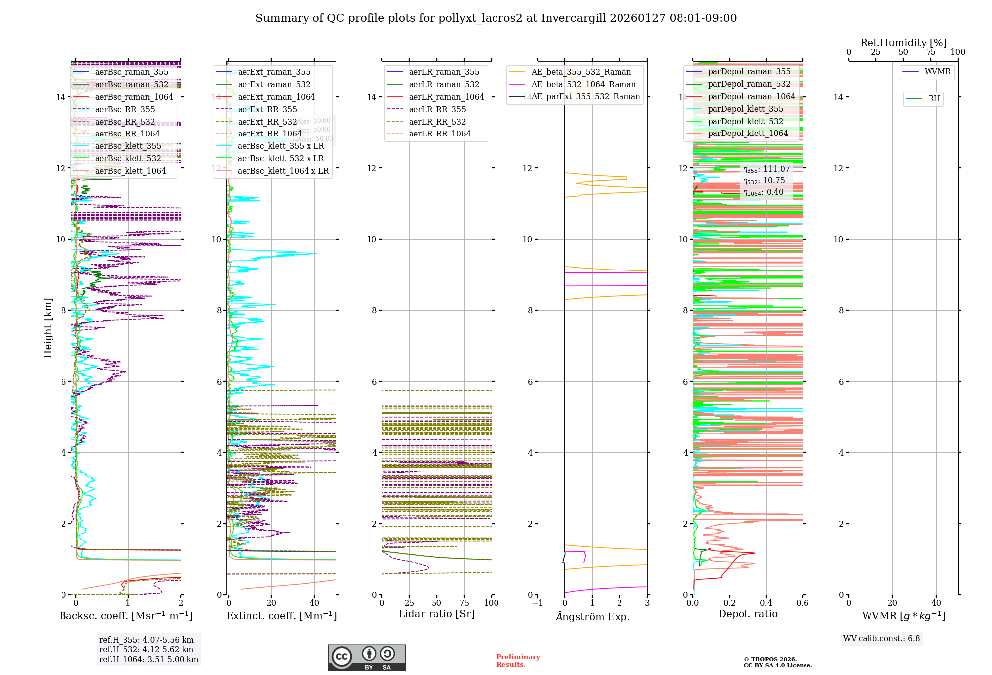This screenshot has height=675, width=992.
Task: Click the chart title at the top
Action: pos(496,18)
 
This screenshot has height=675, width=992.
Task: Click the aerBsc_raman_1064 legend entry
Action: pos(134,97)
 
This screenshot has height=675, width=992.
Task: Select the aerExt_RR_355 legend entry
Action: pos(267,109)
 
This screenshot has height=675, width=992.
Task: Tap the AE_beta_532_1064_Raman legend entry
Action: pos(583,84)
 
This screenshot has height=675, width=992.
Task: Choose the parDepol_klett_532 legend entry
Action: pos(745,121)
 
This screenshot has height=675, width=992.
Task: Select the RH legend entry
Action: pos(934,99)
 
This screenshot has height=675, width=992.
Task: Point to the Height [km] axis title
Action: pos(48,328)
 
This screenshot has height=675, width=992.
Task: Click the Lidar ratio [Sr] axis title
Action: pos(436,614)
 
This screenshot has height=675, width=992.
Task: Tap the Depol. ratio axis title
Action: pos(747,614)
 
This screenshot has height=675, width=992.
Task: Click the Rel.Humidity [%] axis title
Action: pos(903,43)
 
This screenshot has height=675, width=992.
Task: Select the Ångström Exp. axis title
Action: pos(593,616)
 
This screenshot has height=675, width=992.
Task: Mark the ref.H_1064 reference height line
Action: pos(149,659)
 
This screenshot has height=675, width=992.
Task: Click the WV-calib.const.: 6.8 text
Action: pos(881,638)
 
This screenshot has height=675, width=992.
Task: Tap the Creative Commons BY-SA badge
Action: pos(367,657)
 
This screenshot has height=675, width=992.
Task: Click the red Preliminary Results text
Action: pos(518,660)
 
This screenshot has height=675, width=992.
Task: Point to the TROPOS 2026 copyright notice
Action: pos(777,662)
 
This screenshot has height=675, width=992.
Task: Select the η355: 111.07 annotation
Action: pos(766,169)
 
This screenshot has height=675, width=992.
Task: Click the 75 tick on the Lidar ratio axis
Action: pos(464,603)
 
